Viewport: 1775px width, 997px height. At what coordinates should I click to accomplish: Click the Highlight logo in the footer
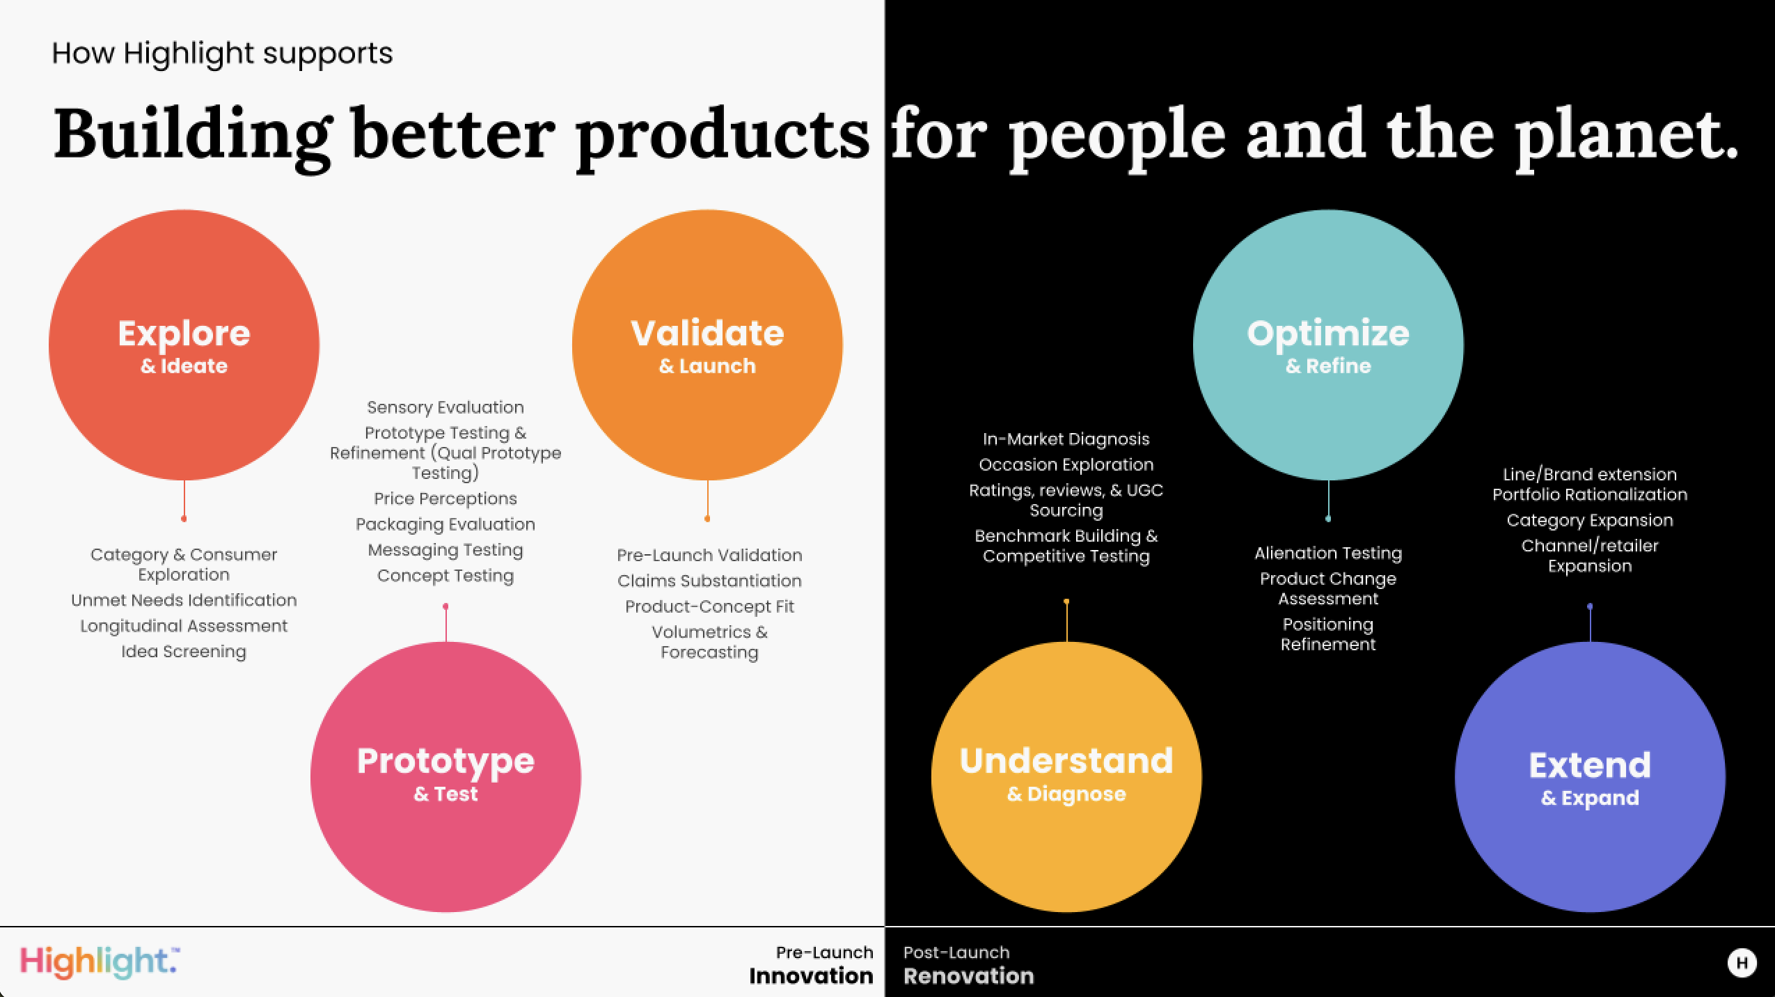click(x=100, y=963)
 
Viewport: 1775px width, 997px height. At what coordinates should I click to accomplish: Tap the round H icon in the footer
click(x=1742, y=963)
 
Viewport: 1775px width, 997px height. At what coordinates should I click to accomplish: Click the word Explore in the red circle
click(x=184, y=333)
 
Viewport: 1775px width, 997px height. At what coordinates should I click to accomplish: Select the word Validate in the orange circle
click(x=707, y=333)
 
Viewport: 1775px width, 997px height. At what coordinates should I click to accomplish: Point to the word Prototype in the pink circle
click(x=445, y=762)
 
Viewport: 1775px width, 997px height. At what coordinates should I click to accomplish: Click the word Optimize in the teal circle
click(x=1328, y=334)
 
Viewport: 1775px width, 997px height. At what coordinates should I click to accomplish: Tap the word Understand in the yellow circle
click(x=1066, y=761)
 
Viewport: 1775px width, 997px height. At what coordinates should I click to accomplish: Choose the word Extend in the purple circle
click(x=1590, y=765)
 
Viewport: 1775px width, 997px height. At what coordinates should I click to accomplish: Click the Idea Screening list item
click(x=184, y=652)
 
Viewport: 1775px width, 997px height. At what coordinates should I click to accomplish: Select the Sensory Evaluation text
click(x=445, y=407)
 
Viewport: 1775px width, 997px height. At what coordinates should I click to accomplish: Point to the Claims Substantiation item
click(x=709, y=581)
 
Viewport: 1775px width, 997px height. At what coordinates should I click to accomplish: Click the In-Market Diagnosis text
click(x=1066, y=439)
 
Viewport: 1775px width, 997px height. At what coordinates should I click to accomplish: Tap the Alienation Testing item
click(x=1328, y=554)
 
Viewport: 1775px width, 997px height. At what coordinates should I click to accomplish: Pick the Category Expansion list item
click(x=1590, y=521)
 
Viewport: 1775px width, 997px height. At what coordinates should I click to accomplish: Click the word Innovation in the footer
click(x=811, y=976)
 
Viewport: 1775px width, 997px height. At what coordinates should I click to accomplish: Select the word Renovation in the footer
click(x=969, y=976)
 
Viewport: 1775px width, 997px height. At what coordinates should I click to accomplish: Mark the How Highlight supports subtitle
click(x=222, y=54)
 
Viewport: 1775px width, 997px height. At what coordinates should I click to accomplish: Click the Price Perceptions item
click(x=445, y=498)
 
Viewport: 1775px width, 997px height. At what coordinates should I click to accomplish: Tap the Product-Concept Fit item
click(x=709, y=606)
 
